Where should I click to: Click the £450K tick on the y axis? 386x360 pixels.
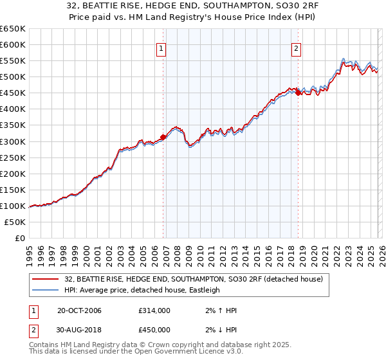(x=13, y=93)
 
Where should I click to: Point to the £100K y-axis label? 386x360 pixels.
(x=13, y=206)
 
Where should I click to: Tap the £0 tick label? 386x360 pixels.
(x=19, y=238)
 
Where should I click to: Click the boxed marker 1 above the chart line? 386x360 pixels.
(x=161, y=47)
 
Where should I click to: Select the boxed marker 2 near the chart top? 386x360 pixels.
(x=296, y=47)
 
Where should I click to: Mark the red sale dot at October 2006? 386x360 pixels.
(x=163, y=136)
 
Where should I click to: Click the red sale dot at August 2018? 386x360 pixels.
(x=298, y=93)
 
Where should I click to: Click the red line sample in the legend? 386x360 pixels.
(x=46, y=278)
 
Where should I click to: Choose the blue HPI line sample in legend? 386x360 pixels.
(x=46, y=290)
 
